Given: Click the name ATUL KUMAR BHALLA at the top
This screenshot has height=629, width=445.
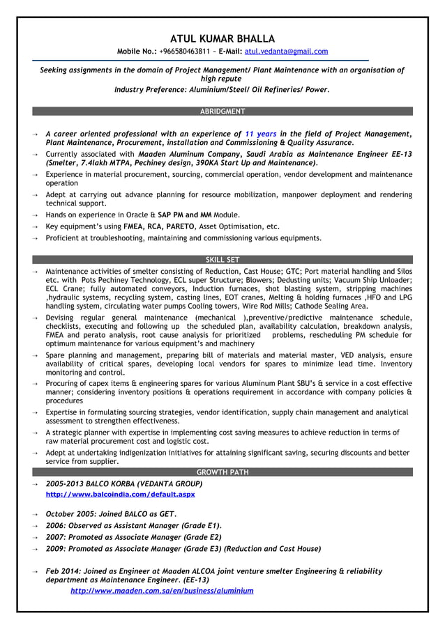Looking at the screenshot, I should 222,38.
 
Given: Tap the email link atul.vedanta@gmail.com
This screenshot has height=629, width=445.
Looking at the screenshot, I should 286,52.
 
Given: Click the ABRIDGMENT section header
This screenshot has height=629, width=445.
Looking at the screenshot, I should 222,111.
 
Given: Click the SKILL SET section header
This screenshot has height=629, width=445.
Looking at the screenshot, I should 222,260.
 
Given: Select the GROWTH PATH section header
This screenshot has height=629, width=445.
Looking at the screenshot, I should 222,472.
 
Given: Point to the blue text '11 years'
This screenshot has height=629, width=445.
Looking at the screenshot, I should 261,134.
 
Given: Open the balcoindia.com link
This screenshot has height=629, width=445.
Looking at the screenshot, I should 120,495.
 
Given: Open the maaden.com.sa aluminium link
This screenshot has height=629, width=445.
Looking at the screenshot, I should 162,591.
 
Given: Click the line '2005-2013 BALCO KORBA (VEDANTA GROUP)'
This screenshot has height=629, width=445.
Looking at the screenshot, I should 123,483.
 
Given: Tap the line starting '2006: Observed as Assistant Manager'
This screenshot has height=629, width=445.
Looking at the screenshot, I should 133,526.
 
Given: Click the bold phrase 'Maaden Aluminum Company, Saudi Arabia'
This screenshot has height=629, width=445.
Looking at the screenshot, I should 219,155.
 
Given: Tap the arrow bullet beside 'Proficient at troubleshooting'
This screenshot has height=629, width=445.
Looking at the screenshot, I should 34,238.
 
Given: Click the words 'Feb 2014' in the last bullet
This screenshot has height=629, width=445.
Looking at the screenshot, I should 62,571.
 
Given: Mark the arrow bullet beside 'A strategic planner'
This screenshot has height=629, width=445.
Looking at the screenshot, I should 34,433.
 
